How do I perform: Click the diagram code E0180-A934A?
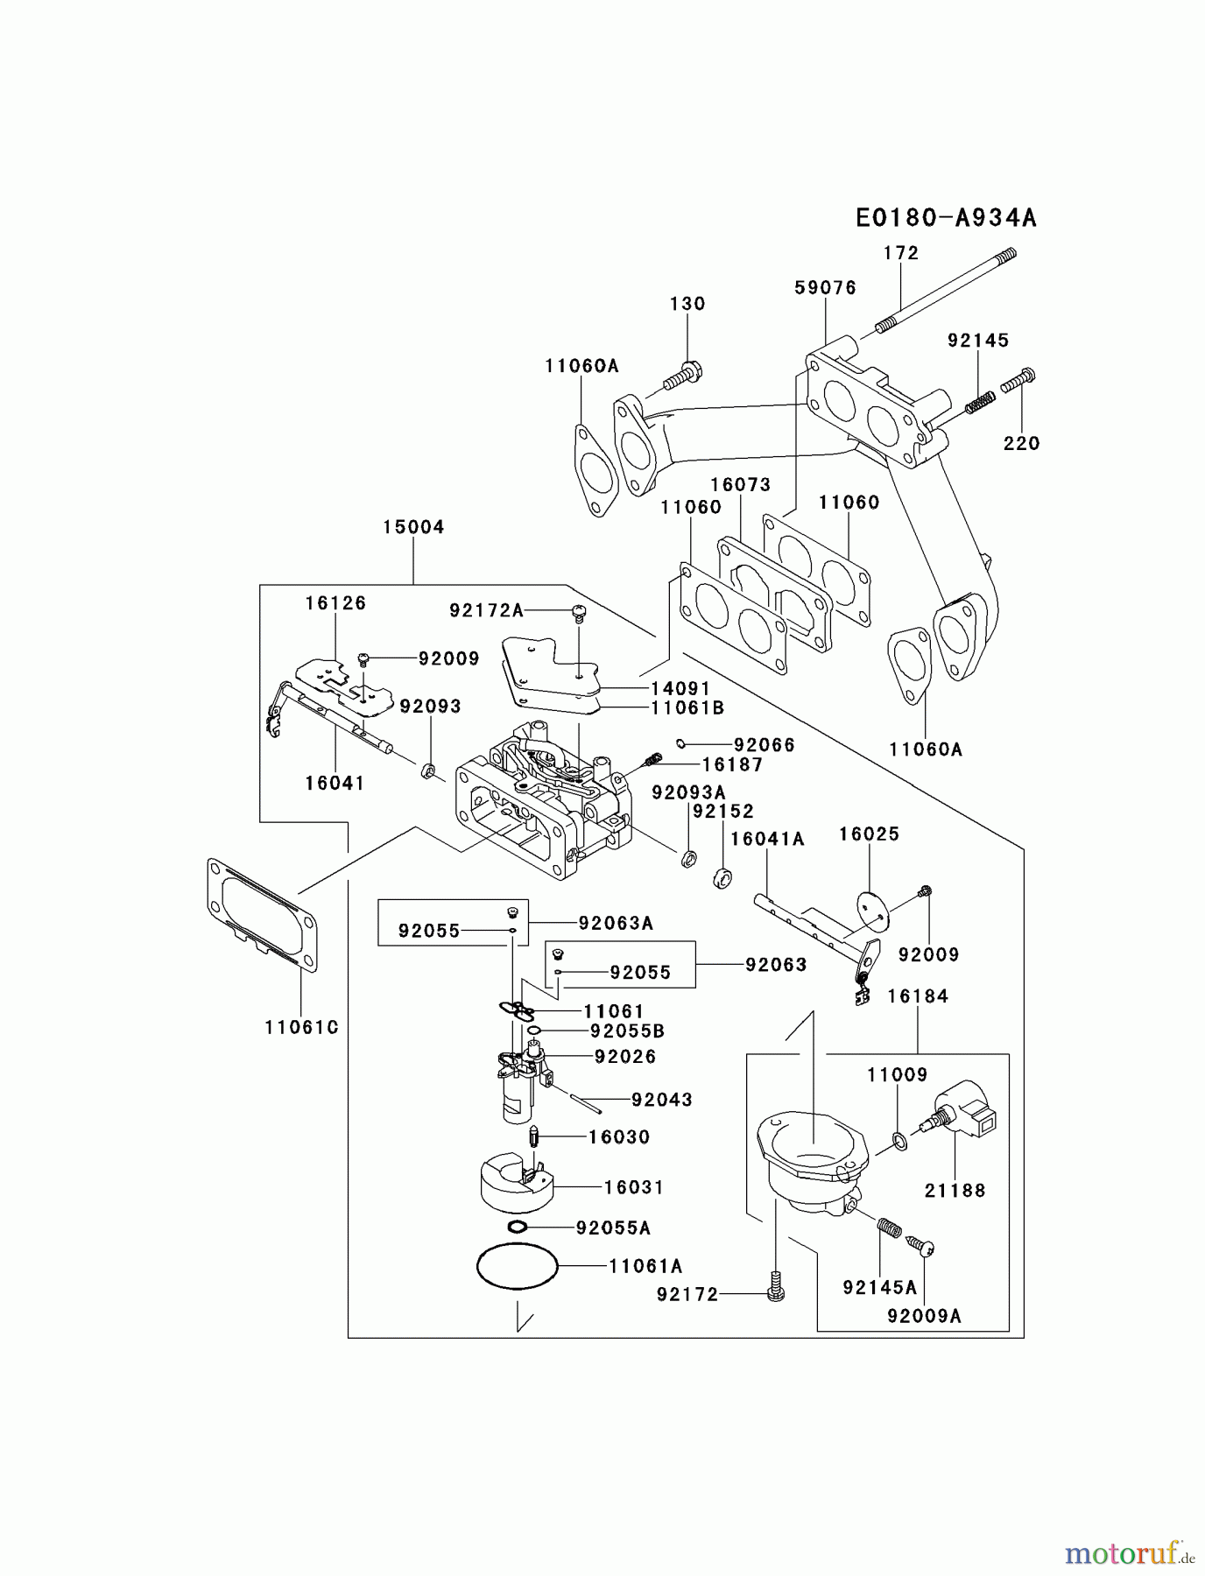(x=946, y=218)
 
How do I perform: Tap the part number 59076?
(x=825, y=288)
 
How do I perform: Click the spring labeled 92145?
(x=980, y=404)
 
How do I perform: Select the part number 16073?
(x=740, y=484)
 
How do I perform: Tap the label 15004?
(x=413, y=527)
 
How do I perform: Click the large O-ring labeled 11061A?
(x=517, y=1266)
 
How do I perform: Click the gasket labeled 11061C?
(x=262, y=916)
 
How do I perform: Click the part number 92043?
(x=661, y=1100)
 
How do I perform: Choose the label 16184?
(x=917, y=996)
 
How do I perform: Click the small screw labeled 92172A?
(x=578, y=611)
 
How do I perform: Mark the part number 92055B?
(x=627, y=1031)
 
